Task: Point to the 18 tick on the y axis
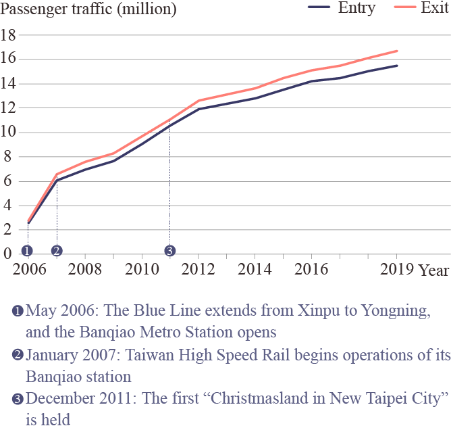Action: (8, 34)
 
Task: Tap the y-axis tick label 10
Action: (8, 132)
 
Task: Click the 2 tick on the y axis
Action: (8, 230)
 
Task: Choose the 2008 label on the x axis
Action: (84, 268)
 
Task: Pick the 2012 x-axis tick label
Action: (198, 268)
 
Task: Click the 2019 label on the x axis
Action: (396, 268)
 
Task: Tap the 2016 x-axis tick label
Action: (311, 268)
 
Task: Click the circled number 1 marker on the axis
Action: (27, 251)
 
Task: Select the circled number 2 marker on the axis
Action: (56, 251)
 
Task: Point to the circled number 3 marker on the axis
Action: (169, 251)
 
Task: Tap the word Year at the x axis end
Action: (433, 270)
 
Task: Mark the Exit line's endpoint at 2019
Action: (397, 51)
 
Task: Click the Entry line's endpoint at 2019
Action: (397, 66)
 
